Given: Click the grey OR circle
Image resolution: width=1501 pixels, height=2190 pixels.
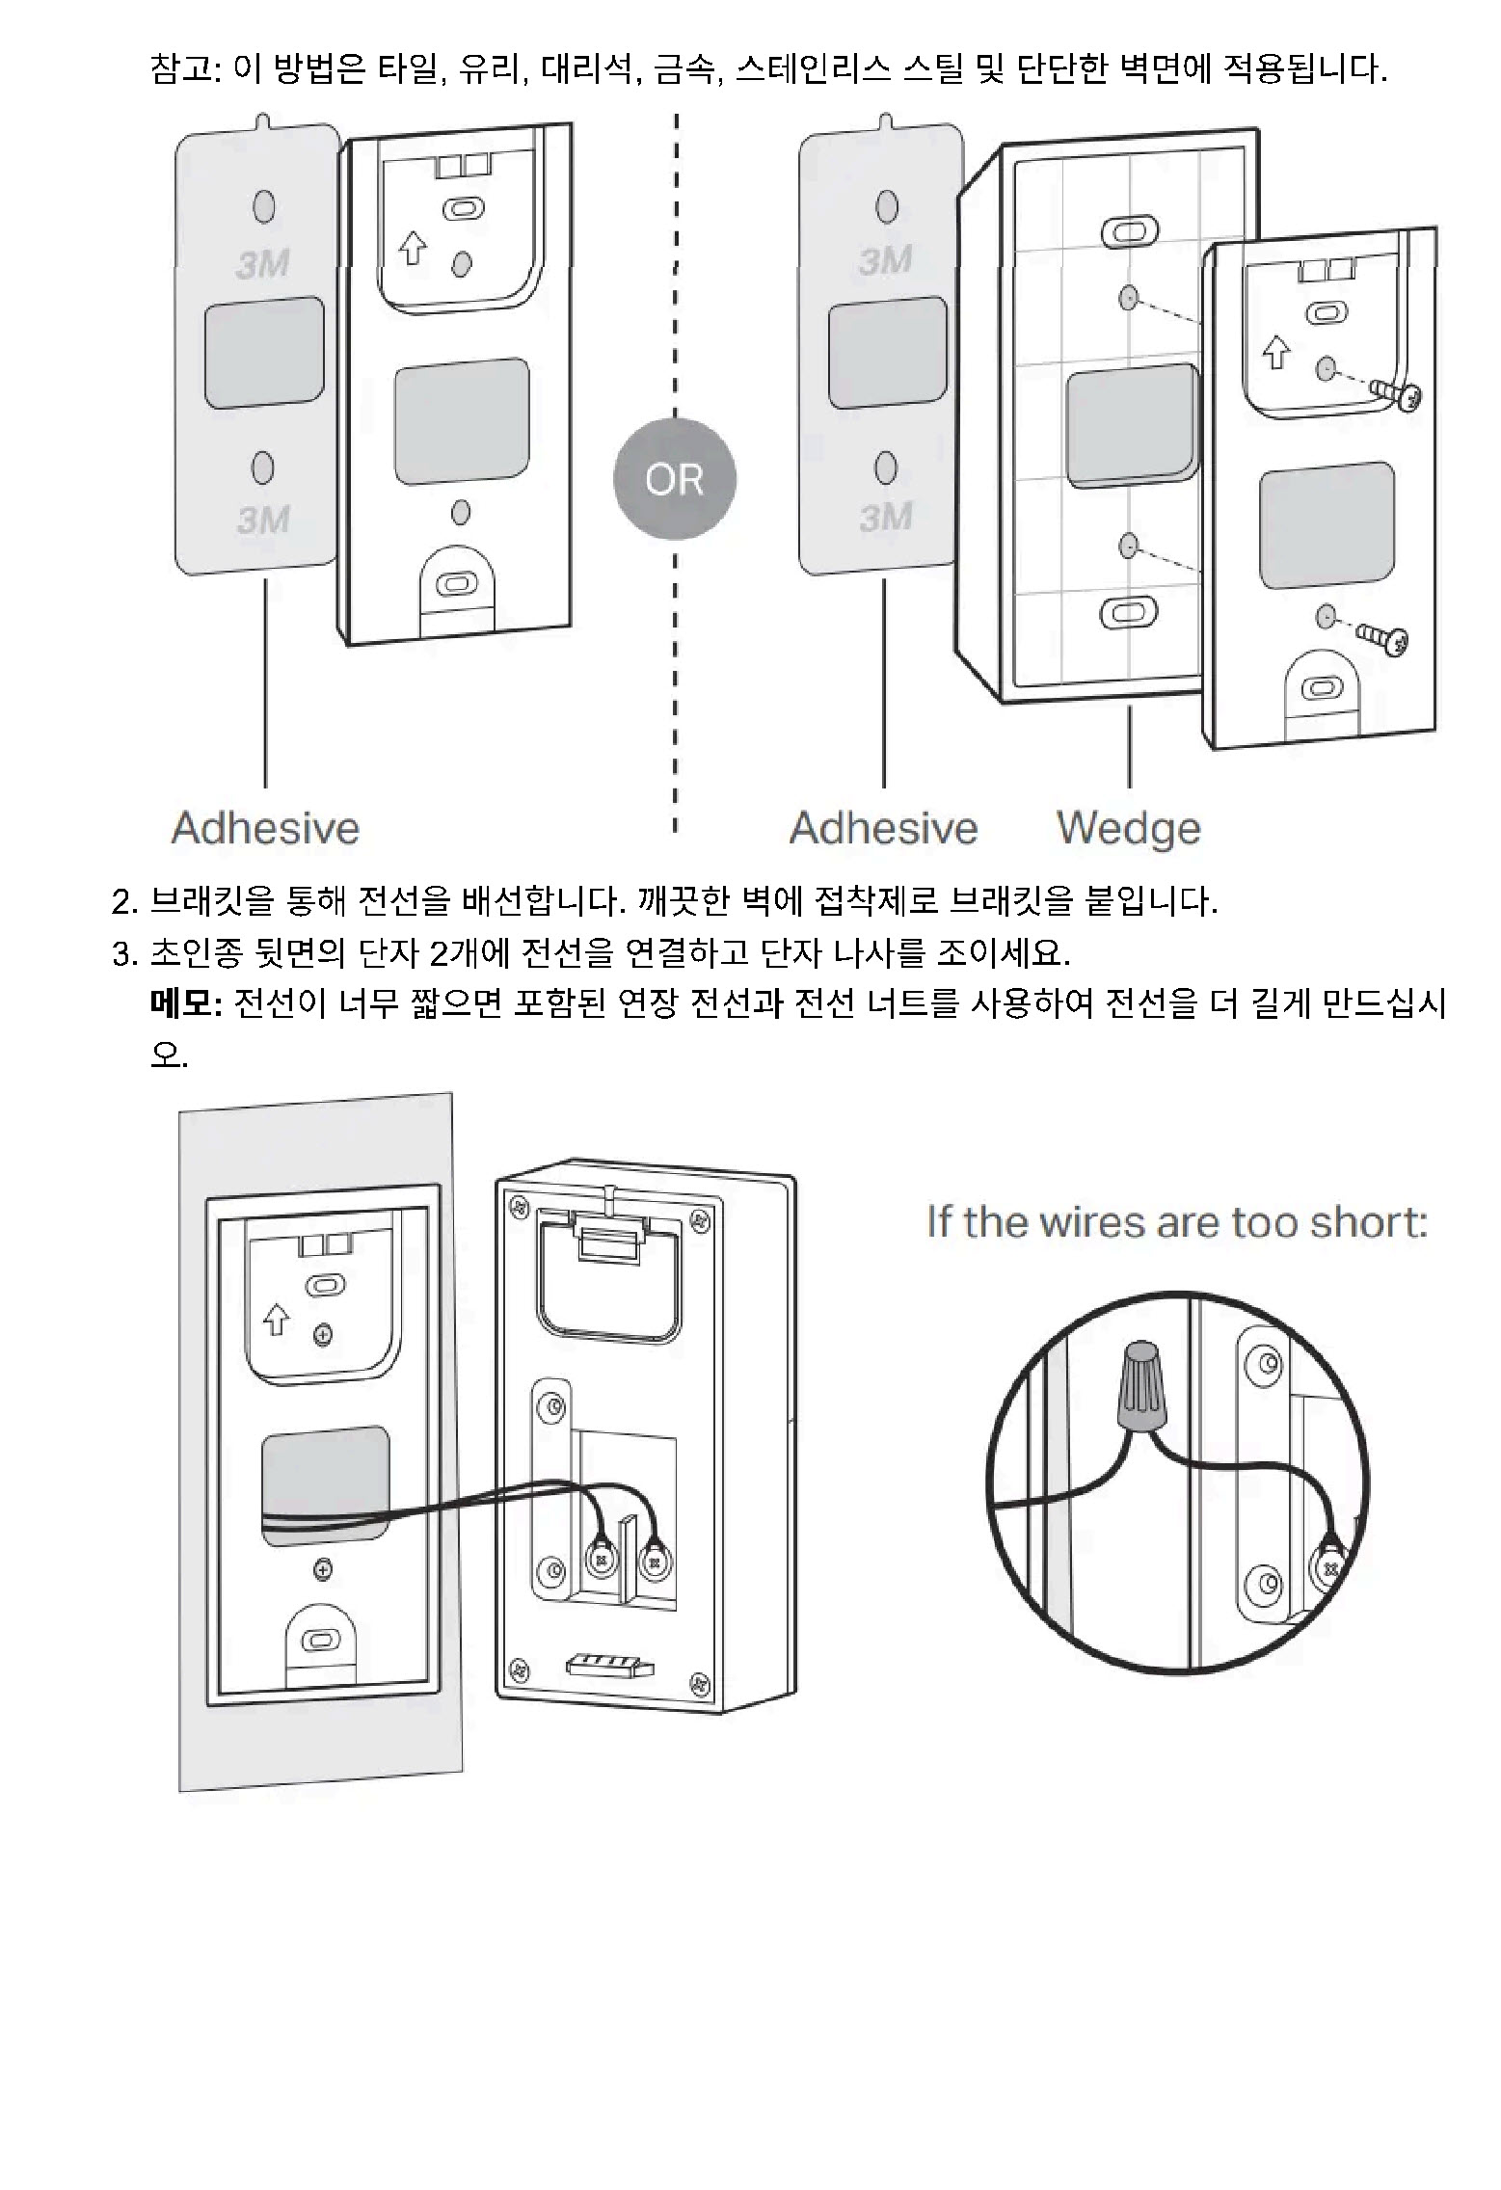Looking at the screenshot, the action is (x=674, y=479).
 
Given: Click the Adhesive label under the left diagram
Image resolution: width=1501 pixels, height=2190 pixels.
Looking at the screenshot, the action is (x=265, y=828).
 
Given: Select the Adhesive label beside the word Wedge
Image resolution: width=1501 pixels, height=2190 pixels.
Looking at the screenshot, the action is (x=883, y=828).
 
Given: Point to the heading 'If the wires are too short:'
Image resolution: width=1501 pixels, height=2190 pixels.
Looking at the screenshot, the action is (x=1176, y=1221).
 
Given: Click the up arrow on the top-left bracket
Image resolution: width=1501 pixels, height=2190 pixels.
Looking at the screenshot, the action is (x=413, y=248).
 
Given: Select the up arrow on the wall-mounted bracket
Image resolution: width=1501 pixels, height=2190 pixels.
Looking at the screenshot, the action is (x=276, y=1319).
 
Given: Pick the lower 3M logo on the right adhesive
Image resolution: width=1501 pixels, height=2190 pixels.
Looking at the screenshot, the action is (x=885, y=517).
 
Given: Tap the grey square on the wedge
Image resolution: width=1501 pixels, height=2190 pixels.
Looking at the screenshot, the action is (x=1132, y=421).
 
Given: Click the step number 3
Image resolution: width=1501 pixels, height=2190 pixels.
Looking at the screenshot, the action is (x=122, y=953).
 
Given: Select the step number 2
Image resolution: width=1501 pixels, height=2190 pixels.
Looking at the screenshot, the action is (x=122, y=902).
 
